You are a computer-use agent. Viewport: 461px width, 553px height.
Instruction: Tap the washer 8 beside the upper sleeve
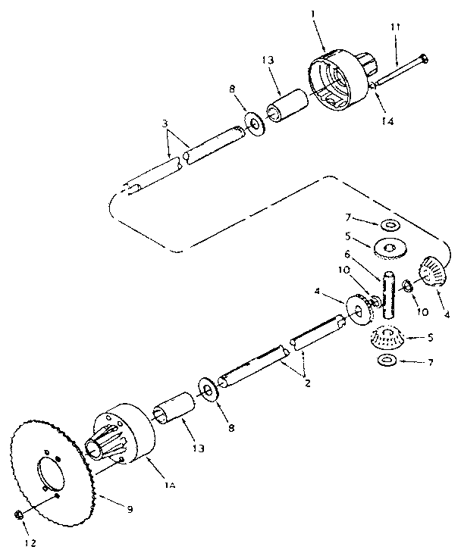click(x=255, y=121)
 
